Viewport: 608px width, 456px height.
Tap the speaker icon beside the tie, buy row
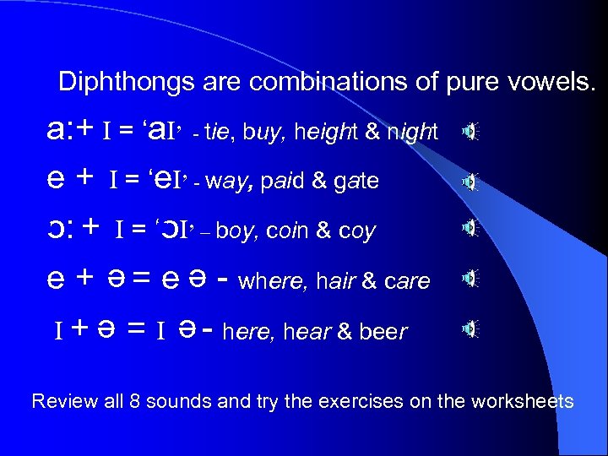[470, 131]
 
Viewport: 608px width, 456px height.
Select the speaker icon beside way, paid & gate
[470, 181]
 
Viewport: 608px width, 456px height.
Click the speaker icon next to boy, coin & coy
[470, 228]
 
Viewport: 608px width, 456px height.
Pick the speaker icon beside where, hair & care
[470, 279]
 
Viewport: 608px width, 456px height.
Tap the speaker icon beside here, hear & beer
[470, 328]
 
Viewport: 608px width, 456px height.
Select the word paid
[280, 181]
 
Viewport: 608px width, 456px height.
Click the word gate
[357, 182]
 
